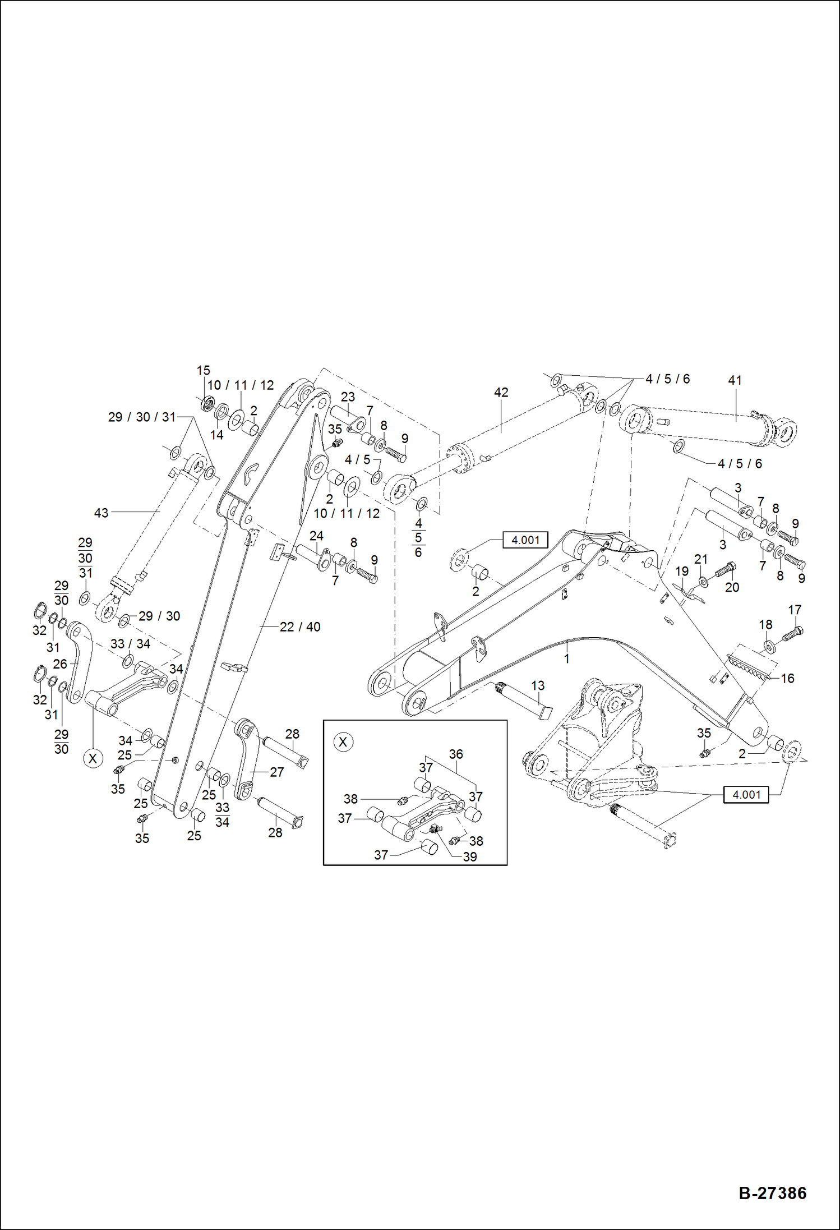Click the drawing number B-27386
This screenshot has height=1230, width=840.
click(772, 1193)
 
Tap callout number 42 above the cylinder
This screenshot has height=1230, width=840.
click(501, 393)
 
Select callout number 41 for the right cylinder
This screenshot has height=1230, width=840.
click(735, 380)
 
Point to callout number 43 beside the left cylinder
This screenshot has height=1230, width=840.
click(101, 513)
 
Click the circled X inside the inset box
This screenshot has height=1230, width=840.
click(343, 742)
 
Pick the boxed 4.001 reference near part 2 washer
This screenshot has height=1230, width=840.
click(525, 540)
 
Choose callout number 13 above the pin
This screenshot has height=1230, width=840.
click(537, 685)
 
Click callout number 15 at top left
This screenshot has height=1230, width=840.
click(203, 370)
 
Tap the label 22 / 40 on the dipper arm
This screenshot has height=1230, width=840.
click(300, 627)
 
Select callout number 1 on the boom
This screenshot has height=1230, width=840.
click(566, 658)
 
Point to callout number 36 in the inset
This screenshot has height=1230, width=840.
click(456, 754)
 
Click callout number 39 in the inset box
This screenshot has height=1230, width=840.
click(469, 856)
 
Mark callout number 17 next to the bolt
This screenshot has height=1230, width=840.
click(795, 610)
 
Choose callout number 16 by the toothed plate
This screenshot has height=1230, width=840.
click(787, 679)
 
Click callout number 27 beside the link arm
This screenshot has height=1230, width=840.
click(276, 772)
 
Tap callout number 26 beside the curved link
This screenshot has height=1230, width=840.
click(60, 664)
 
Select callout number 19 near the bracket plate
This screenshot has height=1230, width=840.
click(681, 572)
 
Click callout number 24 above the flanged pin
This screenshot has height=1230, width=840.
click(316, 536)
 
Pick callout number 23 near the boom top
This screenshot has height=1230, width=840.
click(348, 397)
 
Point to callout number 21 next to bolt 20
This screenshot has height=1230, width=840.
click(701, 559)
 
